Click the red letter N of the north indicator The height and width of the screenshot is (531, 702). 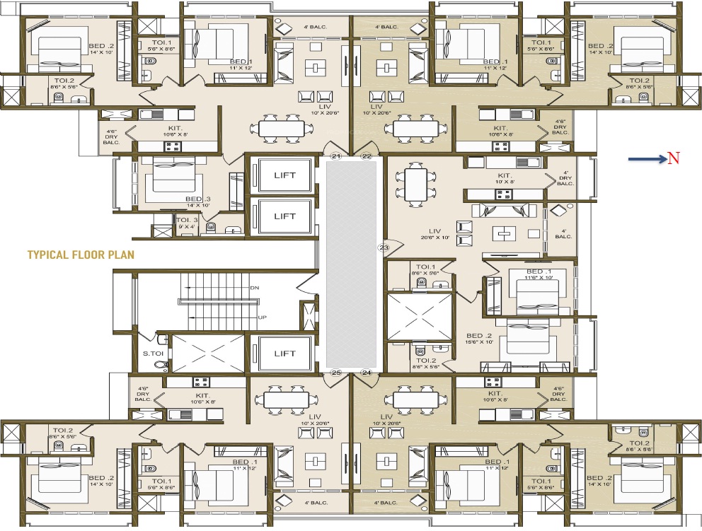point(674,158)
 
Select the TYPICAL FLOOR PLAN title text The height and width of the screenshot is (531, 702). point(81,254)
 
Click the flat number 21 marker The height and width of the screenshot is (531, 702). point(336,156)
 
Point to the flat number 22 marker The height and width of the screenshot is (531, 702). point(367,156)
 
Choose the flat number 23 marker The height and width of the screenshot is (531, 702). point(384,247)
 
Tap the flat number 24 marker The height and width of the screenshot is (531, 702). point(367,372)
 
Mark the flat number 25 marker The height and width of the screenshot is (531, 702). point(336,372)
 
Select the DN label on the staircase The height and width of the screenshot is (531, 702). point(255,288)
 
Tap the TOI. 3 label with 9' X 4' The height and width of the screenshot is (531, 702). point(187,223)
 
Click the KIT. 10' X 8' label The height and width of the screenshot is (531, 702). point(505,177)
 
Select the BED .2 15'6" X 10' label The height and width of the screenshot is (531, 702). point(478,339)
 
